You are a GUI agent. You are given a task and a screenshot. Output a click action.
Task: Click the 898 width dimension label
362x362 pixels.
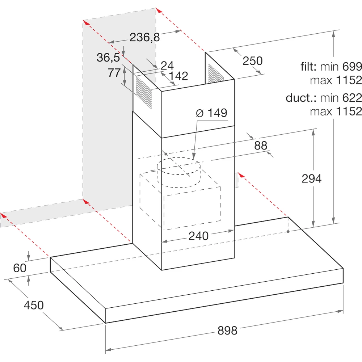pyautogui.click(x=227, y=331)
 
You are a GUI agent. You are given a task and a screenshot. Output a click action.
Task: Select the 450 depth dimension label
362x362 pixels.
pyautogui.click(x=34, y=305)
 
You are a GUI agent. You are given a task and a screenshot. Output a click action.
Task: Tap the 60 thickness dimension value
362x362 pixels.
pyautogui.click(x=20, y=268)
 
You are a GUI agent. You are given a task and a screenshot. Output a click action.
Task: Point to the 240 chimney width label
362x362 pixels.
pyautogui.click(x=198, y=236)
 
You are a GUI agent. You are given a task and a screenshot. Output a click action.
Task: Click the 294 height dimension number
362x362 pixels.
pyautogui.click(x=312, y=178)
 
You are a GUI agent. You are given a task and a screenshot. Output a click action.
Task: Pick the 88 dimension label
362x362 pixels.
pyautogui.click(x=261, y=146)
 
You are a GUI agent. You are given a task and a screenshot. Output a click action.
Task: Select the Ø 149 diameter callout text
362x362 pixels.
pyautogui.click(x=211, y=113)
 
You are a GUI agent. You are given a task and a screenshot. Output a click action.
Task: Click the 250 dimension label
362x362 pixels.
pyautogui.click(x=253, y=61)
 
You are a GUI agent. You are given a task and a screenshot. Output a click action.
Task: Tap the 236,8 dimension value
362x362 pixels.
pyautogui.click(x=144, y=37)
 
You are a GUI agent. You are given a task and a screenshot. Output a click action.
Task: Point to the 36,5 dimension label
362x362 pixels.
pyautogui.click(x=108, y=57)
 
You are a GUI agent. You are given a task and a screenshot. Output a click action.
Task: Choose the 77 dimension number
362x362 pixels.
pyautogui.click(x=114, y=72)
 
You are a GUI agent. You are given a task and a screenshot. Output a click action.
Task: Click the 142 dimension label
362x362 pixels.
pyautogui.click(x=178, y=76)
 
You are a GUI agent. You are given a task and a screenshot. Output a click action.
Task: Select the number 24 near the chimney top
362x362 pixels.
pyautogui.click(x=167, y=65)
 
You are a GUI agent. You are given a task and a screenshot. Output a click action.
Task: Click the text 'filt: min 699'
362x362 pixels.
pyautogui.click(x=331, y=67)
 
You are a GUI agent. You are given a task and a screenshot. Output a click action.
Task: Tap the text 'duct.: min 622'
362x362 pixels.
pyautogui.click(x=324, y=98)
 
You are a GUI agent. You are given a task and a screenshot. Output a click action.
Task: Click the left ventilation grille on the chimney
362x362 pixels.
pyautogui.click(x=144, y=92)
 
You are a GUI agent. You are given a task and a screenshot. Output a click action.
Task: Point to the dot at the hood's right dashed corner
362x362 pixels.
pyautogui.click(x=288, y=231)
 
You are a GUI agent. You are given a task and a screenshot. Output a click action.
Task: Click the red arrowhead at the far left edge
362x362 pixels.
pyautogui.click(x=3, y=215)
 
